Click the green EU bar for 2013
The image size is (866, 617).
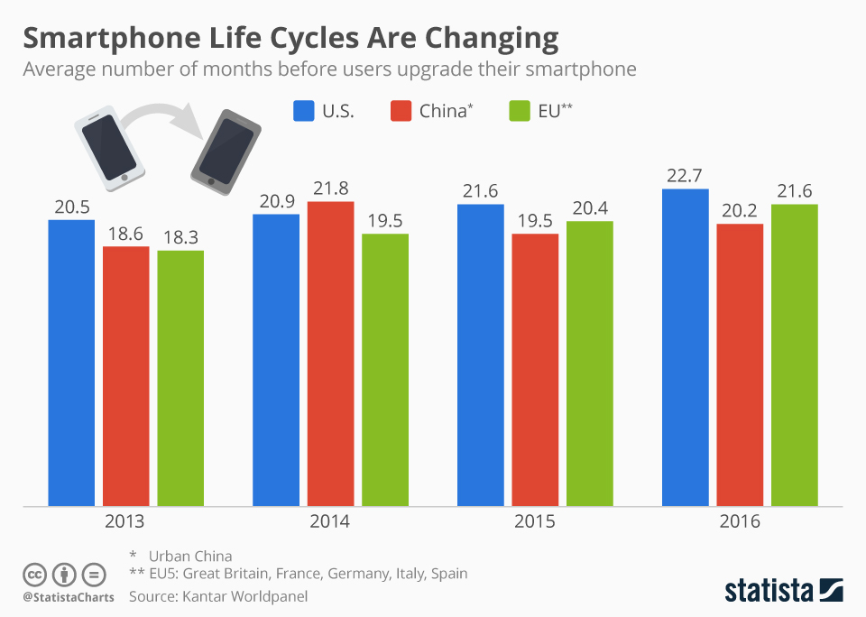tap(180, 378)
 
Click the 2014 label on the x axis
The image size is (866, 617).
tap(330, 521)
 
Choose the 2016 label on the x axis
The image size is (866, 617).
tap(740, 521)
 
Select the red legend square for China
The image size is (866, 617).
tap(401, 111)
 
